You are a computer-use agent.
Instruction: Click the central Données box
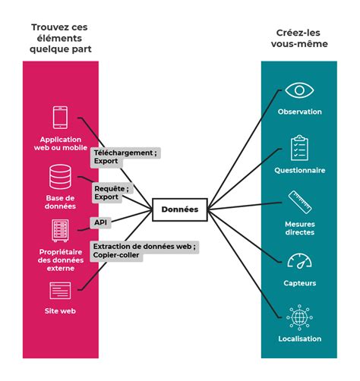pyautogui.click(x=180, y=209)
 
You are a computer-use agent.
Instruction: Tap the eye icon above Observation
pyautogui.click(x=299, y=90)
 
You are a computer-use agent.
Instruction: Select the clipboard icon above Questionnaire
pyautogui.click(x=299, y=148)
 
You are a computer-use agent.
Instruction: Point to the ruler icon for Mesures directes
pyautogui.click(x=300, y=203)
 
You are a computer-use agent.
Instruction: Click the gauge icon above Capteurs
pyautogui.click(x=299, y=260)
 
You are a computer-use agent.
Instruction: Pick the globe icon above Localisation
pyautogui.click(x=299, y=317)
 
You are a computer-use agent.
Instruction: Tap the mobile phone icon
pyautogui.click(x=60, y=118)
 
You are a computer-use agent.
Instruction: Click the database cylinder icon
pyautogui.click(x=60, y=177)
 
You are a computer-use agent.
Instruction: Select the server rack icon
pyautogui.click(x=60, y=231)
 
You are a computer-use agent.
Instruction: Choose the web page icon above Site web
pyautogui.click(x=60, y=291)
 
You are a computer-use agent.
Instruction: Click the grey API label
pyautogui.click(x=100, y=222)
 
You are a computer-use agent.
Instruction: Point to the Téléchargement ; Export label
pyautogui.click(x=125, y=157)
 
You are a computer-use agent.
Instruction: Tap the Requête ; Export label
pyautogui.click(x=112, y=193)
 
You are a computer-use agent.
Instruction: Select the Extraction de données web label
pyautogui.click(x=144, y=250)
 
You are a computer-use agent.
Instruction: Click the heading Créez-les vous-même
pyautogui.click(x=299, y=38)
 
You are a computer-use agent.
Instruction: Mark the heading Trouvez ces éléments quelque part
pyautogui.click(x=60, y=38)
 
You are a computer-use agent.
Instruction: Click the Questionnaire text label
pyautogui.click(x=300, y=170)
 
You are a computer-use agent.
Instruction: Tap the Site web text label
pyautogui.click(x=60, y=311)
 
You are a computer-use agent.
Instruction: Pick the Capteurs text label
pyautogui.click(x=300, y=283)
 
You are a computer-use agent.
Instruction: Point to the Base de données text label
pyautogui.click(x=60, y=202)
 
